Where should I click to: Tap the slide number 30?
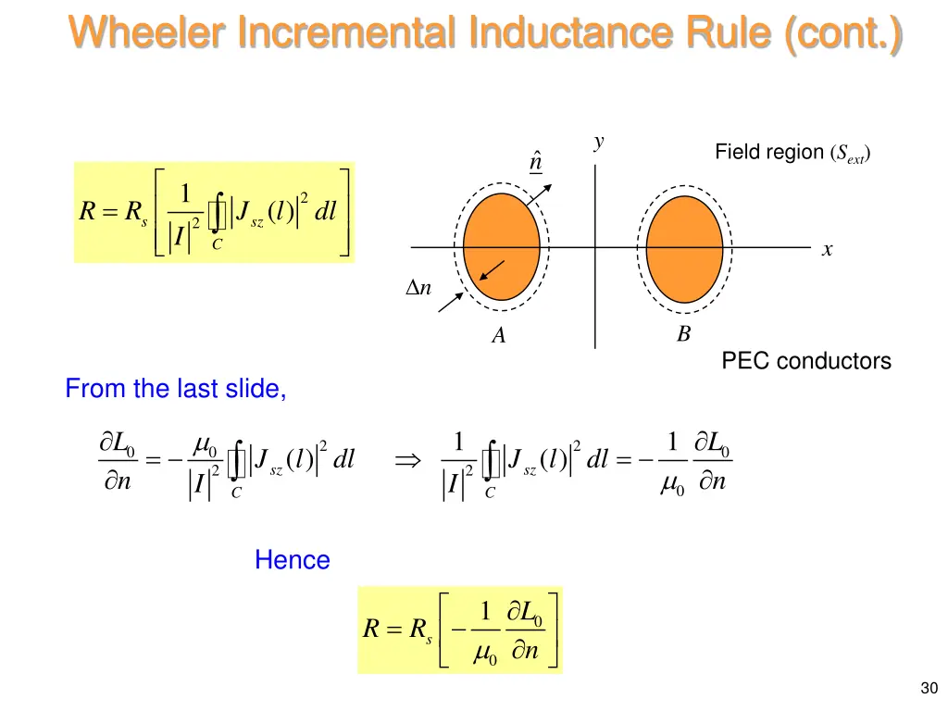point(929,687)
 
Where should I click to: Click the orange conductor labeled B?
point(684,247)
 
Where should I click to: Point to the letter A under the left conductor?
point(499,336)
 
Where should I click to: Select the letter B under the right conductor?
point(683,334)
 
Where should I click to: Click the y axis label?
point(600,142)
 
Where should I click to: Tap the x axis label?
point(827,250)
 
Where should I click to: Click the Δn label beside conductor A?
point(419,288)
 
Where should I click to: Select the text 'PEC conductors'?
point(805,361)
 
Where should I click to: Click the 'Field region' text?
point(768,152)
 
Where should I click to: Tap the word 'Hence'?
point(292,560)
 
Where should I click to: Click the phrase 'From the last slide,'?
point(176,389)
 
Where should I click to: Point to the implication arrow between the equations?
point(407,460)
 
